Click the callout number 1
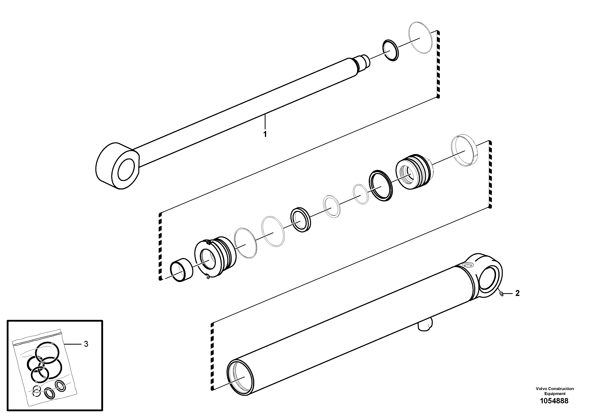coord(265,134)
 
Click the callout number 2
coord(517,293)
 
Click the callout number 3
coord(86,344)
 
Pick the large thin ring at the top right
coord(420,38)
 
